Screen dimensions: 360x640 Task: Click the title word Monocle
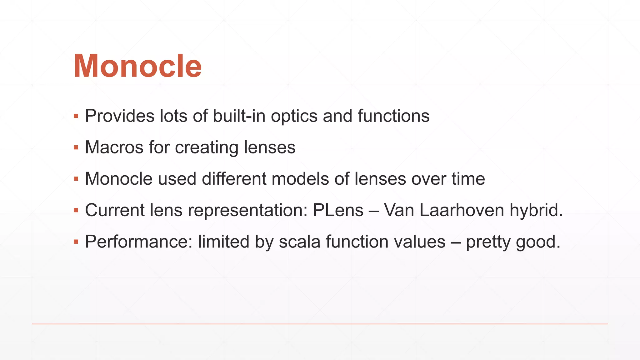pyautogui.click(x=137, y=66)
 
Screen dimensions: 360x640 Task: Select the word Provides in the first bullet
pyautogui.click(x=120, y=116)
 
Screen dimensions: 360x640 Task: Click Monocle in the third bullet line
pyautogui.click(x=119, y=179)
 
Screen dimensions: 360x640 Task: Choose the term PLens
pyautogui.click(x=338, y=210)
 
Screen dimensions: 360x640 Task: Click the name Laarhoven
pyautogui.click(x=462, y=210)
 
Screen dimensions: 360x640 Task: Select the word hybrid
pyautogui.click(x=536, y=210)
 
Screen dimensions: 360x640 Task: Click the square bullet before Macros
pyautogui.click(x=76, y=147)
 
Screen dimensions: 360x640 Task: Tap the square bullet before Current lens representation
pyautogui.click(x=76, y=210)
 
